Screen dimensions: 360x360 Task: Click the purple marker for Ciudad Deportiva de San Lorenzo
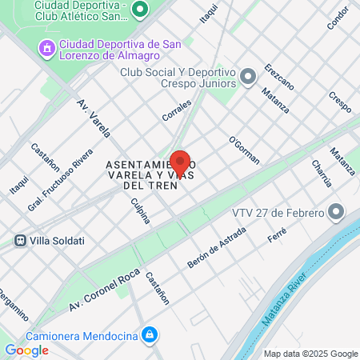pyautogui.click(x=47, y=50)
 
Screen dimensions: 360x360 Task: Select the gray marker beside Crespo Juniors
pyautogui.click(x=248, y=77)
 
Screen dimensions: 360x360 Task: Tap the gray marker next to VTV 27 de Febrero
pyautogui.click(x=337, y=213)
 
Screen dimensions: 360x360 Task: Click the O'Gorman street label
pyautogui.click(x=243, y=150)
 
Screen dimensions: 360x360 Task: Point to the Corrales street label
pyautogui.click(x=177, y=110)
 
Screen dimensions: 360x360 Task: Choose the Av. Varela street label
pyautogui.click(x=94, y=118)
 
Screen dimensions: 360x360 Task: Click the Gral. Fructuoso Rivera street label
pyautogui.click(x=71, y=176)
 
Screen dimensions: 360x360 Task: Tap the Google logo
pyautogui.click(x=26, y=350)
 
